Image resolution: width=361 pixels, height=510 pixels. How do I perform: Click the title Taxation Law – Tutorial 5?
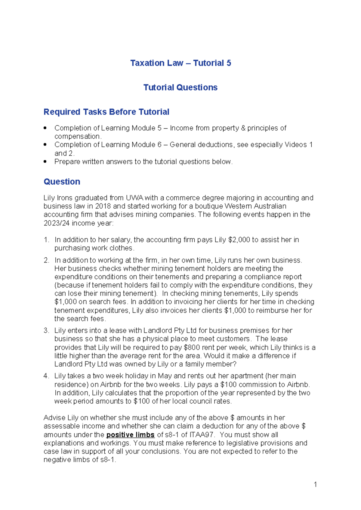pyautogui.click(x=180, y=63)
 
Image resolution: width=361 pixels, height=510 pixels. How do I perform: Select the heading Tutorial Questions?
pyautogui.click(x=180, y=87)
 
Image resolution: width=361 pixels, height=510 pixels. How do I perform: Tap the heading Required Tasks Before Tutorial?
pyautogui.click(x=106, y=112)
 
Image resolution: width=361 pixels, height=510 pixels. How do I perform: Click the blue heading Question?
pyautogui.click(x=62, y=182)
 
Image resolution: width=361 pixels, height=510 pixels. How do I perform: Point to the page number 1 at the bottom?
pyautogui.click(x=315, y=484)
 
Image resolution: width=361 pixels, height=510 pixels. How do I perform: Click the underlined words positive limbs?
pyautogui.click(x=130, y=435)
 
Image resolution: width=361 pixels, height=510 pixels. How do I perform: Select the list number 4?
pyautogui.click(x=46, y=376)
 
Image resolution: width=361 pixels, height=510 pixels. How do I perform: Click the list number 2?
pyautogui.click(x=46, y=260)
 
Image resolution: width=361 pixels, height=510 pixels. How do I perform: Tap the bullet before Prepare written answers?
pyautogui.click(x=45, y=161)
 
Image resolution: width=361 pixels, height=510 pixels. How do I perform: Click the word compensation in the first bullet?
pyautogui.click(x=77, y=136)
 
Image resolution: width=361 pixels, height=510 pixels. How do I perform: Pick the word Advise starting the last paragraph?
pyautogui.click(x=54, y=418)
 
